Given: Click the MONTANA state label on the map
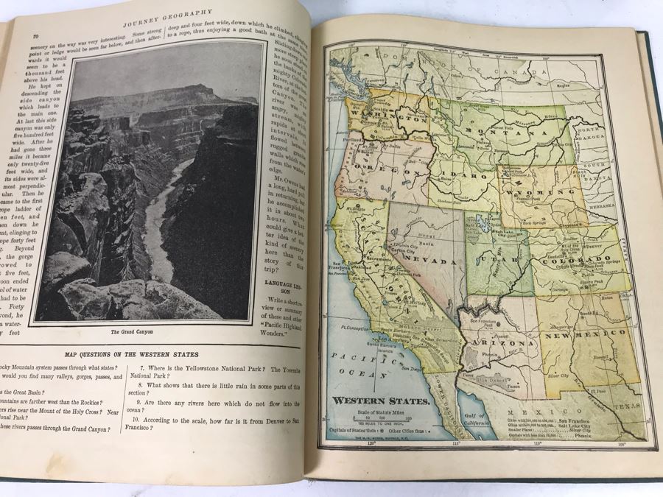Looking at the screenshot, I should coord(500,135).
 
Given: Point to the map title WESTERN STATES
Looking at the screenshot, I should coord(381,401).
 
